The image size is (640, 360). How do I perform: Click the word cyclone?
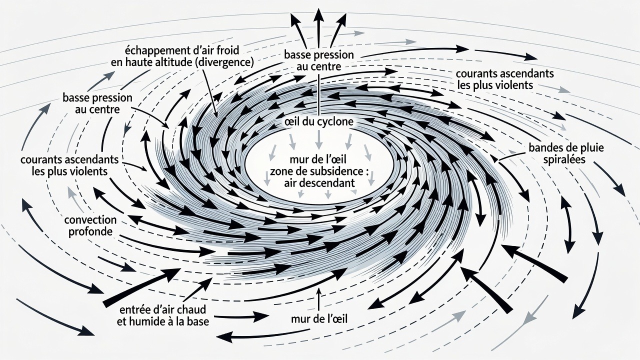(336, 122)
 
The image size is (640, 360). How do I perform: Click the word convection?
(90, 220)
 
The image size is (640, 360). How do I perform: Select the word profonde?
(90, 231)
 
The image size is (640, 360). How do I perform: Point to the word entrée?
(135, 309)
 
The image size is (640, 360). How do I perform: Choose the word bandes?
(545, 148)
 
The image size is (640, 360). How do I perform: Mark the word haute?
(137, 62)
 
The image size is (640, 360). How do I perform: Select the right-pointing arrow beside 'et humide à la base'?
(241, 316)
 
